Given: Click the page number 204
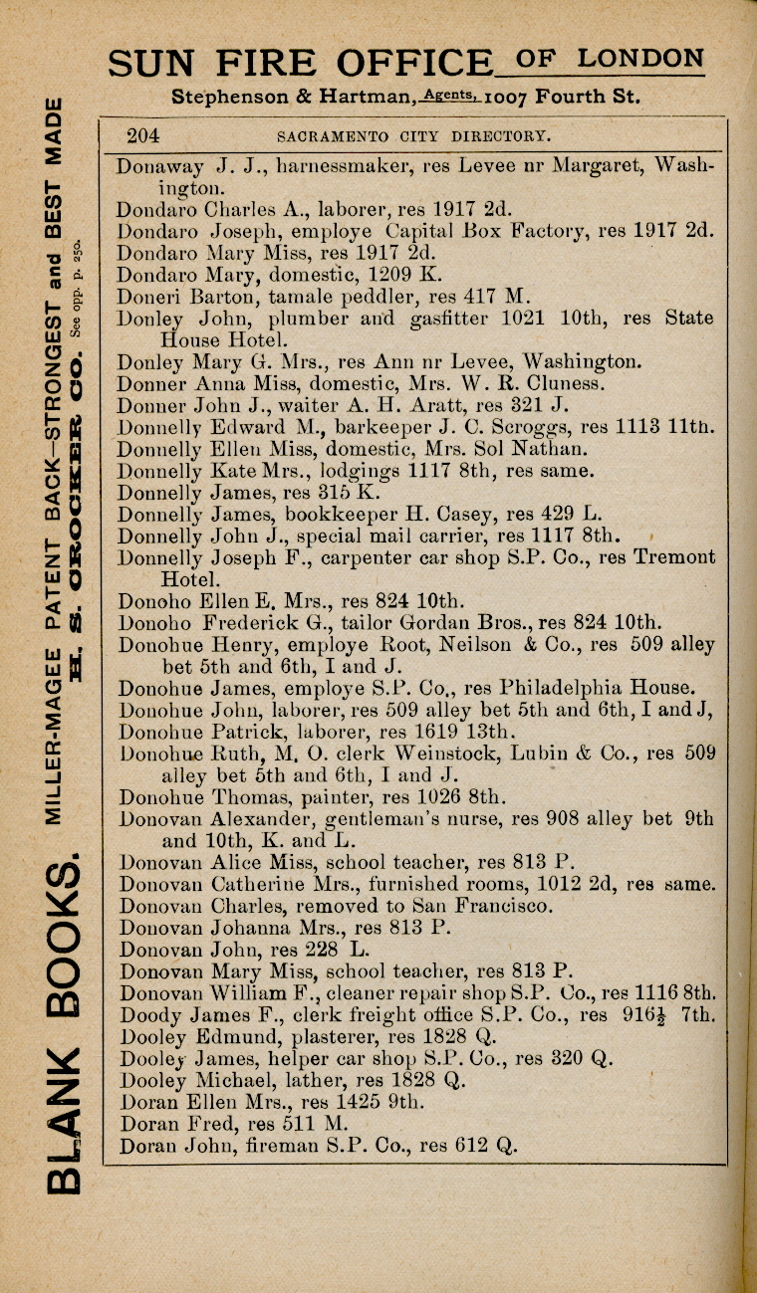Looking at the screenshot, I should tap(143, 135).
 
